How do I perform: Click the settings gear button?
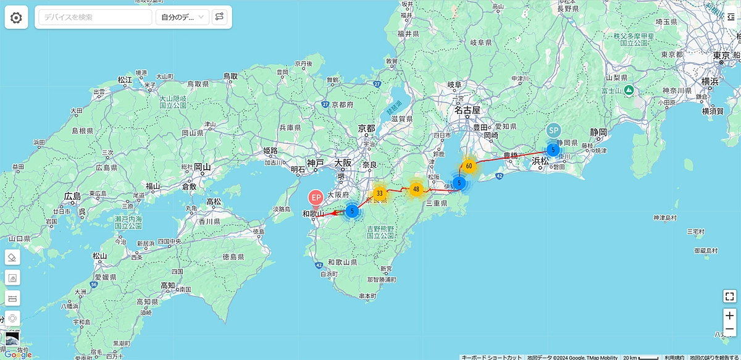[x=16, y=17]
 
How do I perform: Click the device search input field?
[x=95, y=17]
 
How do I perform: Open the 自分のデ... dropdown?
[x=182, y=17]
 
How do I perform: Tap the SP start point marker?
[x=553, y=131]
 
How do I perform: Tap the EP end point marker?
[x=316, y=198]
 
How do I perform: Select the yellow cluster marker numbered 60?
[x=469, y=165]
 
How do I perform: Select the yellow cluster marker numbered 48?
[x=416, y=189]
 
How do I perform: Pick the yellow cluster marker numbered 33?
[x=380, y=192]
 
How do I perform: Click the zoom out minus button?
[x=730, y=330]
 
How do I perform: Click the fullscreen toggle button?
[x=730, y=296]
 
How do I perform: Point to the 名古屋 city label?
[x=467, y=110]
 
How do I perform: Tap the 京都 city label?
[x=367, y=128]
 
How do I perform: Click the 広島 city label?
[x=72, y=196]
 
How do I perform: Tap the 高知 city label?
[x=168, y=285]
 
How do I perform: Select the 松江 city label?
[x=125, y=80]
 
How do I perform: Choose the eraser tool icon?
[x=13, y=257]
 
